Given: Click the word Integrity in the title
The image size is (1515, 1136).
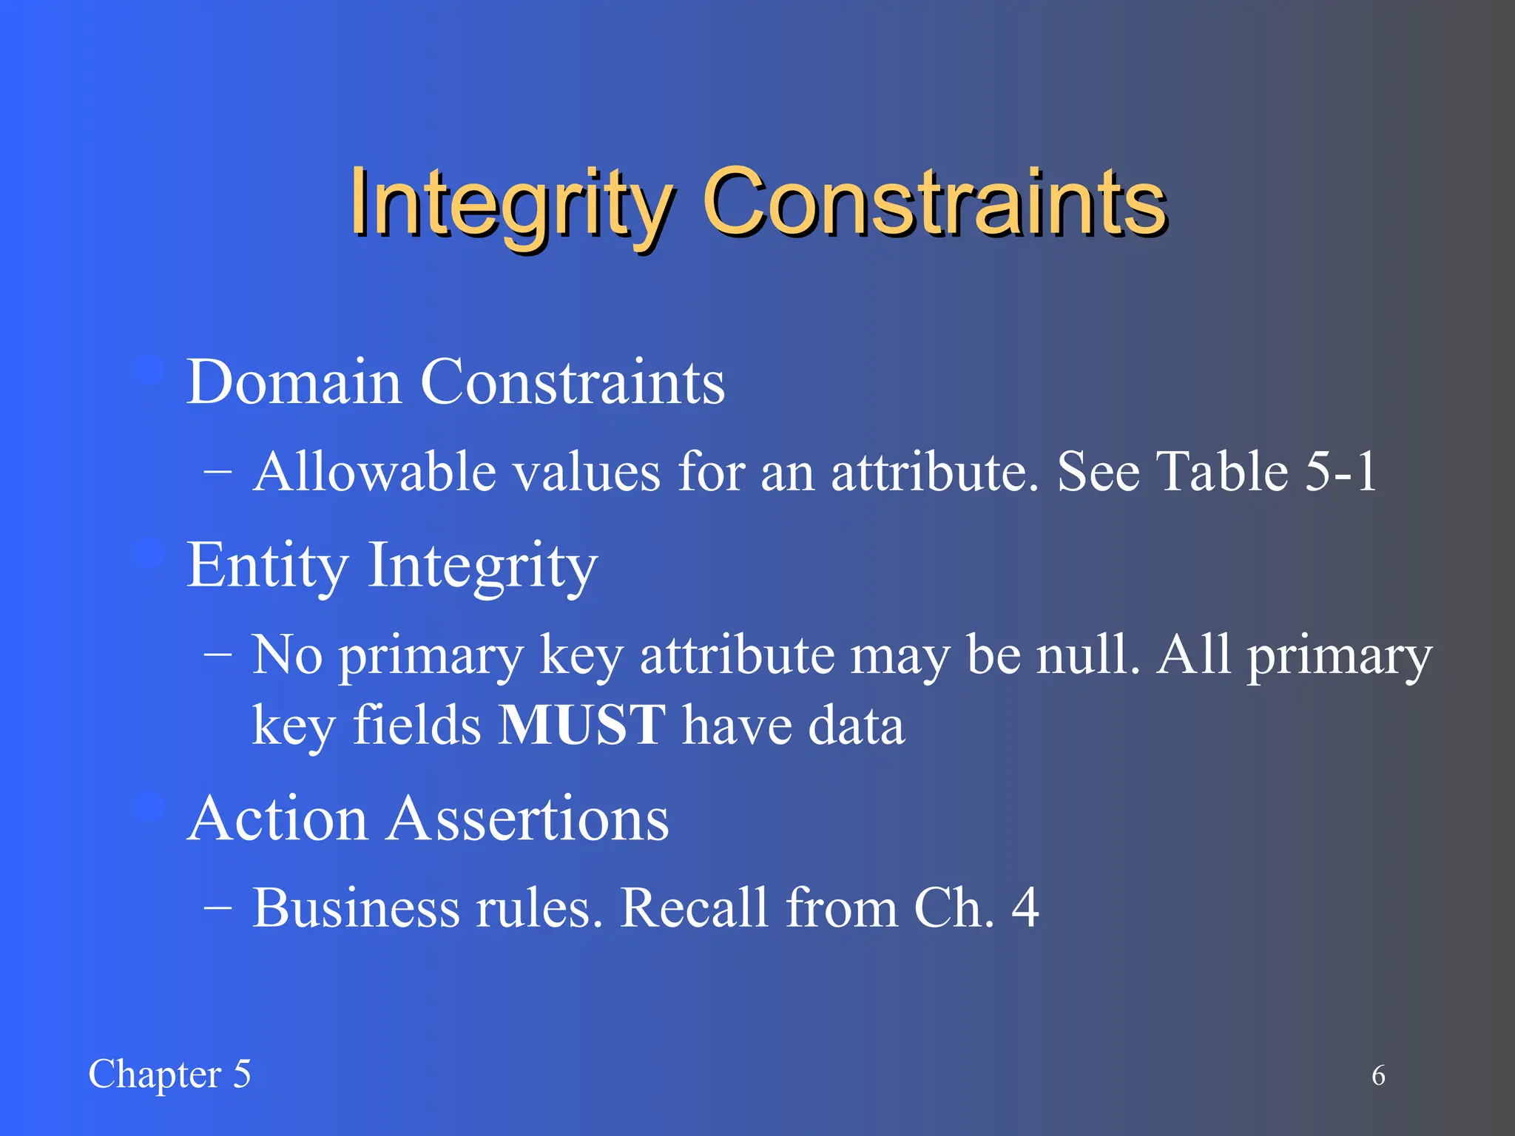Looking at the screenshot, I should [x=510, y=203].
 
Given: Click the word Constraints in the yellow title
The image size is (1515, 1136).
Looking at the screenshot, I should [x=934, y=203].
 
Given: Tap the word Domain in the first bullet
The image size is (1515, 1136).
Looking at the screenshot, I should [x=294, y=382].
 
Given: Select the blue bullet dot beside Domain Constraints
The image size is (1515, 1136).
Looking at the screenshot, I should [x=149, y=370].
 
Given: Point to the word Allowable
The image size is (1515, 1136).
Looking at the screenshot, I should [x=374, y=472].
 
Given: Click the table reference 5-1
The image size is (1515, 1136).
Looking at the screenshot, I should [x=1340, y=472].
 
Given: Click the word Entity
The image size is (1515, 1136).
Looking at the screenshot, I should [x=267, y=566].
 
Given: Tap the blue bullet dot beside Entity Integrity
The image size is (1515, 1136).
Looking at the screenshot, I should [x=149, y=552].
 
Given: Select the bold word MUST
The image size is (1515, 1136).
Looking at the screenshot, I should [x=582, y=725].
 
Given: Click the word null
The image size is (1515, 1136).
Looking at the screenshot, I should [x=1087, y=655].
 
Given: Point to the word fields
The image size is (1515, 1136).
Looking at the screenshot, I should [x=417, y=725].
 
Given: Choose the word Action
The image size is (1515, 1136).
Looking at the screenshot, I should [x=277, y=819].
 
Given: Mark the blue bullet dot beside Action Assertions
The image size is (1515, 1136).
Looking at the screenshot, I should [x=149, y=806].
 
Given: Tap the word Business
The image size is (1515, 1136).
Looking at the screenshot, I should [x=355, y=908].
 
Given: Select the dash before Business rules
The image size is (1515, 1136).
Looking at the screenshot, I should [x=217, y=908].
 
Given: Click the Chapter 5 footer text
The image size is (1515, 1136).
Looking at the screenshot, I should [x=169, y=1075].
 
